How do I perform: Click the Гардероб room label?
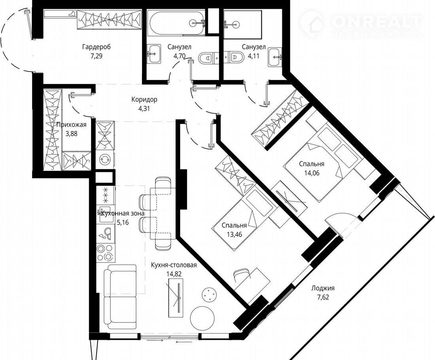(96, 47)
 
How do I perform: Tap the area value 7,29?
(96, 56)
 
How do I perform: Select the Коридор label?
(144, 99)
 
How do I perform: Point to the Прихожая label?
(71, 125)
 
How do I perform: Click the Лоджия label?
(323, 288)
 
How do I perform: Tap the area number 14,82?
(174, 274)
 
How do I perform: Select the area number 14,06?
(312, 173)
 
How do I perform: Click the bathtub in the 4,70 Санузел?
(176, 23)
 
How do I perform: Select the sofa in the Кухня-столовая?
(120, 297)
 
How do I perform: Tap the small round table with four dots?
(208, 294)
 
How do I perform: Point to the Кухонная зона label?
(122, 214)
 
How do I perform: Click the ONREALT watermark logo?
(361, 24)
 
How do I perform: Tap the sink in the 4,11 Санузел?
(275, 57)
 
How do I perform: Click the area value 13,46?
(235, 235)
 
